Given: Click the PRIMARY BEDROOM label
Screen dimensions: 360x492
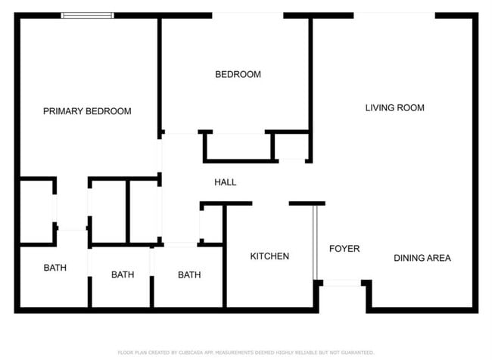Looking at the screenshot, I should [x=87, y=111].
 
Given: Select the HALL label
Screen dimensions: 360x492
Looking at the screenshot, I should [x=225, y=182].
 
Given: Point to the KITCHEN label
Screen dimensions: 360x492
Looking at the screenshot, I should [x=269, y=256].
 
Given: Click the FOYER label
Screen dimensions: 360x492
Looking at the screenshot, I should [x=344, y=249].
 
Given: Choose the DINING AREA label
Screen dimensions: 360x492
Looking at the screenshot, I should [x=422, y=258].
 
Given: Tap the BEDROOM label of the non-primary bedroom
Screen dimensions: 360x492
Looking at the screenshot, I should [x=238, y=74].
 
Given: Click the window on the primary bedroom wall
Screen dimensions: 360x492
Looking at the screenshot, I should [x=87, y=14].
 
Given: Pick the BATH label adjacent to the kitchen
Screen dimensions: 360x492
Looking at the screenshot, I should [x=189, y=275].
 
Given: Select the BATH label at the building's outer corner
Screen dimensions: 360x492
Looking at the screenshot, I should [x=54, y=268].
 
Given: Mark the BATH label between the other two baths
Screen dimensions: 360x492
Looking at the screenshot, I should [x=123, y=275].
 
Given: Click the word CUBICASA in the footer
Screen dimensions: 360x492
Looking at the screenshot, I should [x=194, y=352].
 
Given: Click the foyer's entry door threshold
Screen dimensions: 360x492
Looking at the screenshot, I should [x=342, y=283].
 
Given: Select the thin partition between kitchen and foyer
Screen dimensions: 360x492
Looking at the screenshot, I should [x=315, y=242].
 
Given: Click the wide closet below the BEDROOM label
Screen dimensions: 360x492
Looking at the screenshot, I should [x=237, y=146].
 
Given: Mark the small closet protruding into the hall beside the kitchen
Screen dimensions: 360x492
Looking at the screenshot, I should [x=211, y=224].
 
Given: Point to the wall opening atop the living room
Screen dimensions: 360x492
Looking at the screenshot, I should [x=394, y=14].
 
